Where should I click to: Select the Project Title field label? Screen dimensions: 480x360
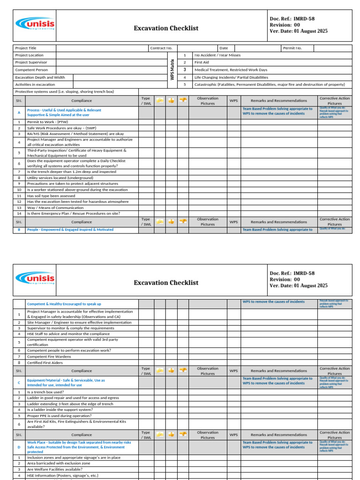click(26, 48)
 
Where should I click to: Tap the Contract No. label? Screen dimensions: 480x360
click(161, 48)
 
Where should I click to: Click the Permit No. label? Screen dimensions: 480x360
click(292, 48)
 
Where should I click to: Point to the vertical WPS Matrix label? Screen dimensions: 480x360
click(172, 69)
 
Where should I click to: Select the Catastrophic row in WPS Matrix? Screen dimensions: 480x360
click(270, 84)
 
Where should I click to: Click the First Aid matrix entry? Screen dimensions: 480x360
click(202, 62)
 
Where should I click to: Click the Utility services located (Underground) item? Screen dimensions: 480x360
click(60, 178)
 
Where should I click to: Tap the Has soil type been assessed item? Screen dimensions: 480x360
click(51, 196)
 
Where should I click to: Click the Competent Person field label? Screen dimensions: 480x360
click(31, 70)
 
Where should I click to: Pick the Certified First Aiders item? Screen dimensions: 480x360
click(45, 362)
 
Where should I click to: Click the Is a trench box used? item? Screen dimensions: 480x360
click(45, 392)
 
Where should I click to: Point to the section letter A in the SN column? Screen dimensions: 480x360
click(19, 112)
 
